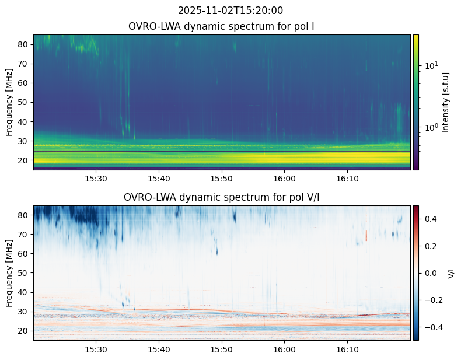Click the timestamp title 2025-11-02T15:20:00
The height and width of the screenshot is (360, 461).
point(230,11)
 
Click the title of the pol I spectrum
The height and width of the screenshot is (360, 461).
point(222,26)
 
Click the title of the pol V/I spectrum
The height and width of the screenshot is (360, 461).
point(222,197)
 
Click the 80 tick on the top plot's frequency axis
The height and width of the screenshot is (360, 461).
point(25,44)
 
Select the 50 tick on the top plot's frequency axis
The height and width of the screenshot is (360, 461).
point(25,102)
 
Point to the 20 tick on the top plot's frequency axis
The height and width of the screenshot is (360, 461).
point(25,160)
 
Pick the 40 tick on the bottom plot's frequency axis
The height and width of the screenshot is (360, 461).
point(25,292)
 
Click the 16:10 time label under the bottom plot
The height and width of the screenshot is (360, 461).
point(347,349)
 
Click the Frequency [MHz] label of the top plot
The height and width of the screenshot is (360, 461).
point(9,102)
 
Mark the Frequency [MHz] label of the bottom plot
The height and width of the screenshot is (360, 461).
point(9,273)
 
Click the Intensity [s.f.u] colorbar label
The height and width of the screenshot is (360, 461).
point(446,102)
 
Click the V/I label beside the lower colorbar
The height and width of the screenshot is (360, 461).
point(451,273)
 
